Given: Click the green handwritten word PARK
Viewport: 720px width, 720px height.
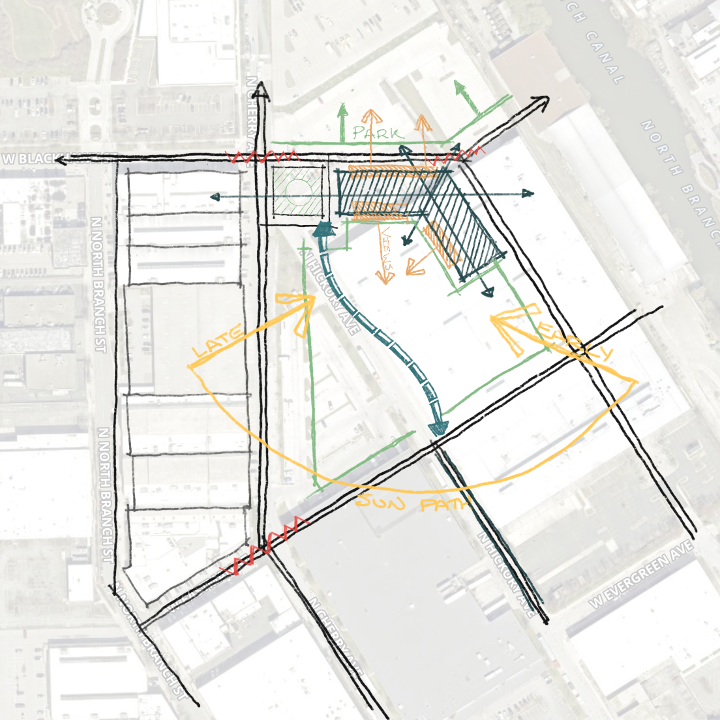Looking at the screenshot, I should coord(378,132).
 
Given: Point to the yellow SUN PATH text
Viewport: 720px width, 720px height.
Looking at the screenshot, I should coord(413,503).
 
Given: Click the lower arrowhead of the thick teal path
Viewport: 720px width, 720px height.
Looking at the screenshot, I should coord(438,427).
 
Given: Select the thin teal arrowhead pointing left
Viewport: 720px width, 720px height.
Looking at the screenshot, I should coord(214,196).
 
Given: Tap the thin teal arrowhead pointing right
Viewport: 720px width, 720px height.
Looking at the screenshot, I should coord(529,193).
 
